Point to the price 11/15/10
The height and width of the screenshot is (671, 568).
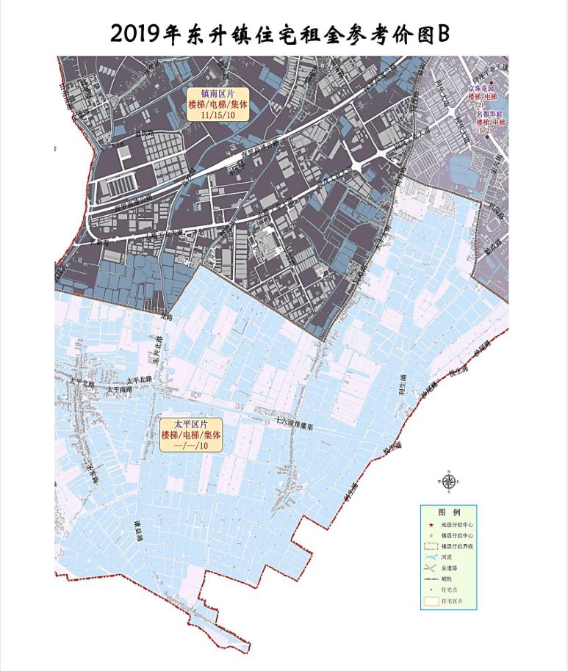tap(218, 116)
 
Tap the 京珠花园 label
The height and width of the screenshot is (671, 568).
tap(483, 88)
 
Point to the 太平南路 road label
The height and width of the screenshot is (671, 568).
tap(118, 391)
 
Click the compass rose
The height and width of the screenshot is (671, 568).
tap(447, 480)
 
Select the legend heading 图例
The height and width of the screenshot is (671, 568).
tap(448, 512)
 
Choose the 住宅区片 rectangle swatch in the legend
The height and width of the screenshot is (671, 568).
tap(431, 601)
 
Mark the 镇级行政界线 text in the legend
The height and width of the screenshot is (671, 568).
tap(456, 546)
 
